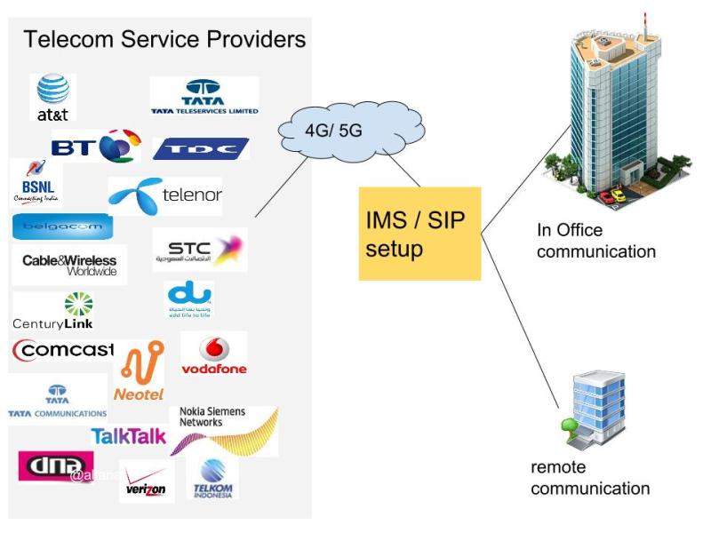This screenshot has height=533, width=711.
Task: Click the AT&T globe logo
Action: pos(53,96)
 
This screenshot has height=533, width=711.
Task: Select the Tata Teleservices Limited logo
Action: pos(204,96)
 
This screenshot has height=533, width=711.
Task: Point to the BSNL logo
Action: pos(36,182)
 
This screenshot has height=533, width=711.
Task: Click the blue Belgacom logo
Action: pos(62,227)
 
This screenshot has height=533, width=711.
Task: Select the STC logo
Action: pos(199,250)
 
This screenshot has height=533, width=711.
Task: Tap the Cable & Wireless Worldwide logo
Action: pos(69,265)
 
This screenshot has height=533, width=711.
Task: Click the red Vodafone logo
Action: pos(213,354)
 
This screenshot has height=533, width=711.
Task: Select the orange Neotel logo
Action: pos(140,370)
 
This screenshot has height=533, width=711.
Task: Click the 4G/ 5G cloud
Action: pos(333,131)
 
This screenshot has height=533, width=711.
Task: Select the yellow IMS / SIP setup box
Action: pos(419,233)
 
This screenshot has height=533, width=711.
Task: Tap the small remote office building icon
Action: pos(596,410)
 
